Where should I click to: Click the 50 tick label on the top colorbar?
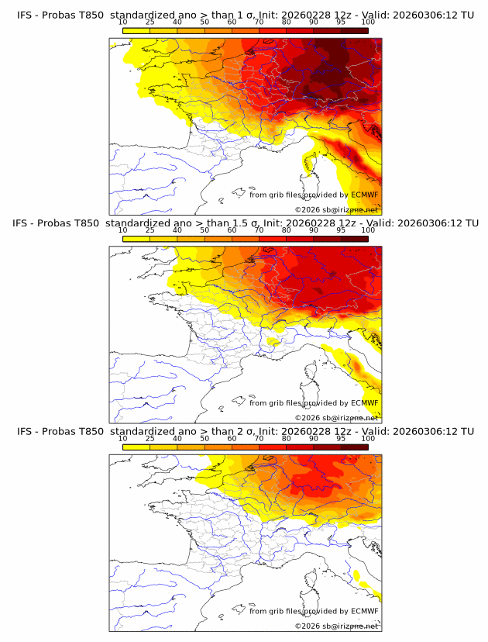[204, 22]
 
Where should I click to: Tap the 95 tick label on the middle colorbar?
[341, 230]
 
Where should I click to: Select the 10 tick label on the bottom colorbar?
[122, 438]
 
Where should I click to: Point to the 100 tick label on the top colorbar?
[368, 22]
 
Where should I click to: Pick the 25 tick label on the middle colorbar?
[149, 230]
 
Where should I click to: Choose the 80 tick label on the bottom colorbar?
[287, 438]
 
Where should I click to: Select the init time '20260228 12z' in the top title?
[298, 15]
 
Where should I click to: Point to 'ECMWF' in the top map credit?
[364, 195]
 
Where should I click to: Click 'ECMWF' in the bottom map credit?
[364, 611]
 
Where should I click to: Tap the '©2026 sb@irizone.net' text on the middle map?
[336, 417]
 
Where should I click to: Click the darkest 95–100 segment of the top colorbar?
[355, 29]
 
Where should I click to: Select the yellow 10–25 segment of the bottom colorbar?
[136, 446]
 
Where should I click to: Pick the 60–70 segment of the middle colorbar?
[246, 237]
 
